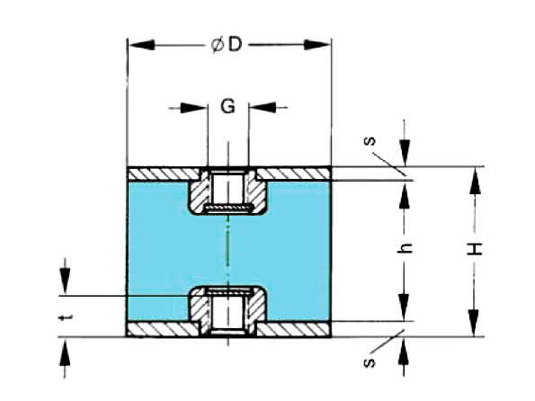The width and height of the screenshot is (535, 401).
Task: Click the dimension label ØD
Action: point(227,45)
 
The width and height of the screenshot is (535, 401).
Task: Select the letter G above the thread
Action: point(227,106)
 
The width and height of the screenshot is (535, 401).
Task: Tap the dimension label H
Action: point(475,249)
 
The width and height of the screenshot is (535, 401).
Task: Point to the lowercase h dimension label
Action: point(406,248)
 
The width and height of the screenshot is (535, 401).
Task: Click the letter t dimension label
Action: point(65,318)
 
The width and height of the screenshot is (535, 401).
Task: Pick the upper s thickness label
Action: point(370,140)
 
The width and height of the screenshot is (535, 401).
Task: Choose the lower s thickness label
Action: point(370,362)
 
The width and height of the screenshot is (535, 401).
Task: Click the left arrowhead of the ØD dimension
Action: point(141,45)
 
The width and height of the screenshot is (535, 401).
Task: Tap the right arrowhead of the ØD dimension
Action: point(317,45)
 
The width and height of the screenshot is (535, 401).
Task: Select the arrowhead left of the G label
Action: point(193,108)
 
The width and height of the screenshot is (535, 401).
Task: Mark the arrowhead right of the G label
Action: point(262,107)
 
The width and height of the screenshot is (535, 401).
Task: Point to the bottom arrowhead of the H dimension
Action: point(475,323)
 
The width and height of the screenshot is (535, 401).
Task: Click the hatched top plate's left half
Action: point(164,174)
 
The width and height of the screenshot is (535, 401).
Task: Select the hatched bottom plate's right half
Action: point(293,330)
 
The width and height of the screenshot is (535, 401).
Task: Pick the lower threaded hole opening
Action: point(227,313)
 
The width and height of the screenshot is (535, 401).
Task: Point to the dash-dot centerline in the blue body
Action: point(227,251)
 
